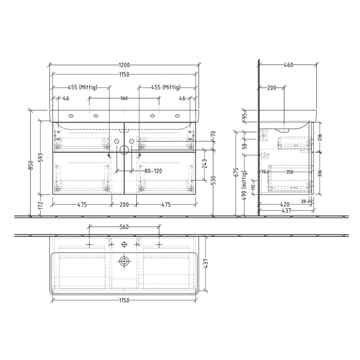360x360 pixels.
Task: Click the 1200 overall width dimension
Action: (x=124, y=65)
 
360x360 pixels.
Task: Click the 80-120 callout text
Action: (x=153, y=171)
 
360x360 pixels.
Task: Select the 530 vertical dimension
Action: (x=213, y=180)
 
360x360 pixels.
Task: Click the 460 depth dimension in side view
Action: (x=288, y=65)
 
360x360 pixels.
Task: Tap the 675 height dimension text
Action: (x=236, y=172)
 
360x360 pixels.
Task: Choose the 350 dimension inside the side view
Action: (x=290, y=172)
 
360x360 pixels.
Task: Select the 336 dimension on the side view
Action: (x=320, y=173)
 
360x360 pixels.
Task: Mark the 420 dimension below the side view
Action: (x=286, y=204)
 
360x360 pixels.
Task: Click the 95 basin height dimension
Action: (x=245, y=115)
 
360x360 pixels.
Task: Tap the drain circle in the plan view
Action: (x=123, y=261)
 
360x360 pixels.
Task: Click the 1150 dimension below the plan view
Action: (x=123, y=300)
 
